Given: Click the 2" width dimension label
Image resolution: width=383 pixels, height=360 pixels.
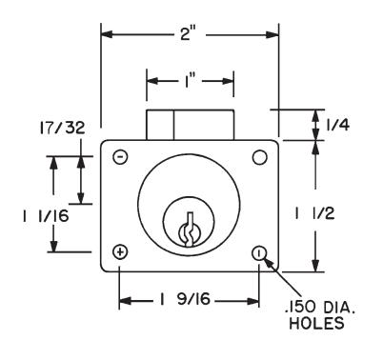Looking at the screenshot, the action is coord(190,33).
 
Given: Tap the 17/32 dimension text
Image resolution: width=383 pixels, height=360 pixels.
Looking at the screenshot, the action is coord(62,128).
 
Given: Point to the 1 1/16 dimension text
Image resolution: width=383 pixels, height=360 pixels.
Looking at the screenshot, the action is coord(46,216).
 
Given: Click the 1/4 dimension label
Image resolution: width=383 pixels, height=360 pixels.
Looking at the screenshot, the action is coord(338,125).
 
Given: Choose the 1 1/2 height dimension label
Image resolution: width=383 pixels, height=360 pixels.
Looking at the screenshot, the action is coord(314,214).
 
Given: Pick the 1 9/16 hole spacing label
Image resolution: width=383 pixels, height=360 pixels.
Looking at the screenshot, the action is coord(185,299).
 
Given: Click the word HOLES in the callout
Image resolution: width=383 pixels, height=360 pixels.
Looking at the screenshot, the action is coord(316,323).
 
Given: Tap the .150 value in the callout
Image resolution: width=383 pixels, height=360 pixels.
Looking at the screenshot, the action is coord(300,308).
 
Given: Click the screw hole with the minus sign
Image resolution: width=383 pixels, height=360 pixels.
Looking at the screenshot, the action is coord(120,157).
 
